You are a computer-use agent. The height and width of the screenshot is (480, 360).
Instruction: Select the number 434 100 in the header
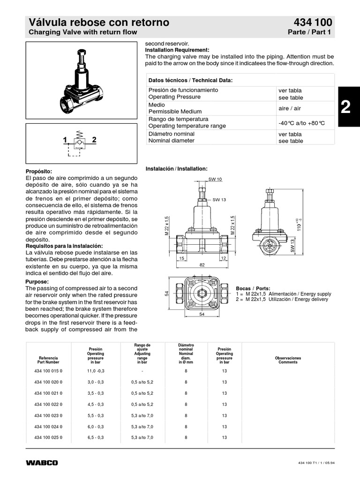tap(313, 22)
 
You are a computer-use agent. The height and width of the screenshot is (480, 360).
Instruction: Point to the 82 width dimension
tap(202, 265)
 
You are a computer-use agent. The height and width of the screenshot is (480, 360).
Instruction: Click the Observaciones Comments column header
tap(288, 360)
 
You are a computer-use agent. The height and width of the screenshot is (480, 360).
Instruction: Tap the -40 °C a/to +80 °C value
tap(301, 123)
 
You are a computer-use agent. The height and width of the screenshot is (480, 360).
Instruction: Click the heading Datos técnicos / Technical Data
tap(190, 81)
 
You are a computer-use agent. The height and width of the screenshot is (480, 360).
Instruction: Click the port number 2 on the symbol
tap(94, 140)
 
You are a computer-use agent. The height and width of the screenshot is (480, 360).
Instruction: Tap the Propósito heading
tap(39, 172)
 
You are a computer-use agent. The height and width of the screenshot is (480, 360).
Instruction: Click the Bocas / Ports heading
tap(253, 288)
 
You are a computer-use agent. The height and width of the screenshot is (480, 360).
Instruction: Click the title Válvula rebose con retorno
tap(99, 22)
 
